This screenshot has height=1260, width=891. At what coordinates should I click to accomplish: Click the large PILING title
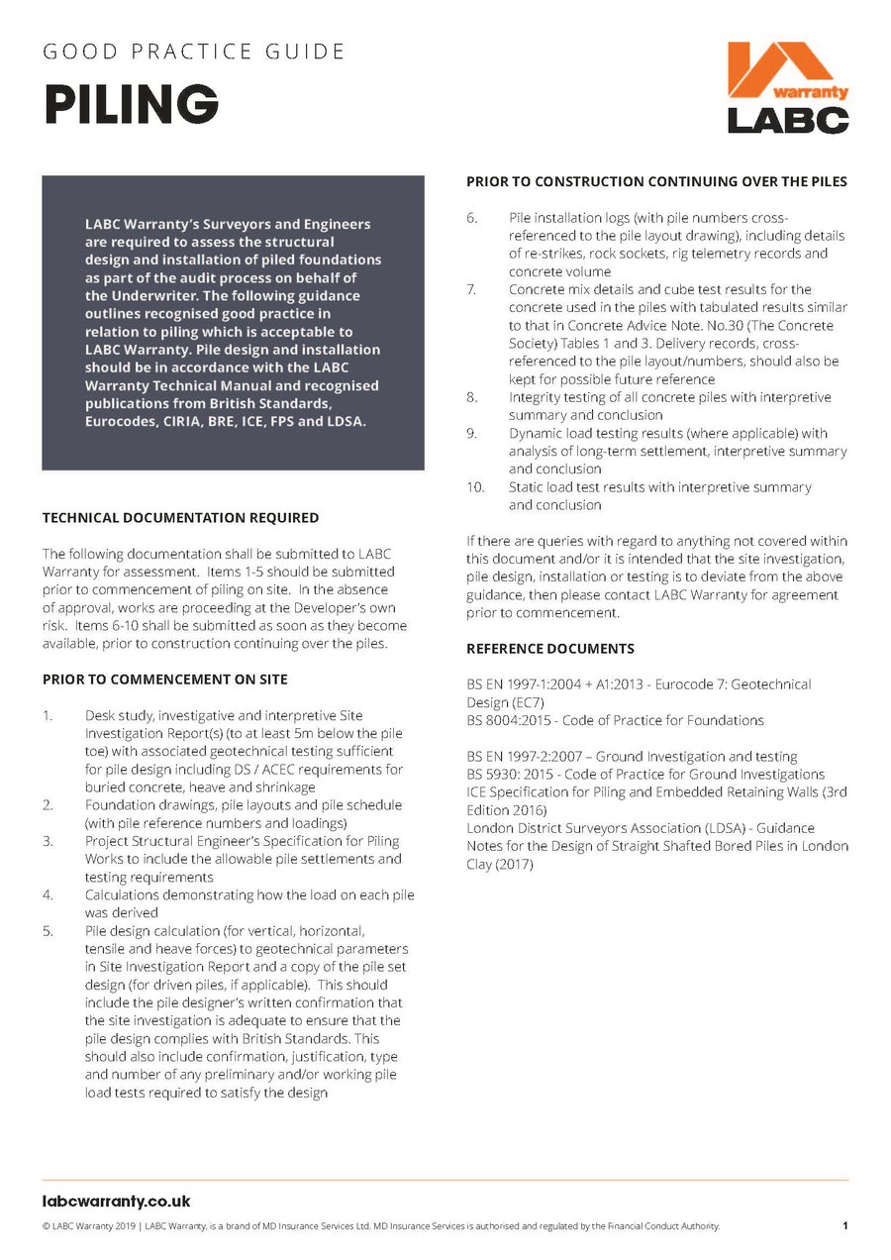pos(131,103)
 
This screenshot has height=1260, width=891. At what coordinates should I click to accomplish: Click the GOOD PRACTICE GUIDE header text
pos(194,51)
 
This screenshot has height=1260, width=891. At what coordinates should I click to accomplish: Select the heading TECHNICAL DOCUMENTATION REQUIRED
pos(180,517)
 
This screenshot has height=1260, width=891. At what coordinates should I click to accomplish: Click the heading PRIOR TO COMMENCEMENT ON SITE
pos(165,680)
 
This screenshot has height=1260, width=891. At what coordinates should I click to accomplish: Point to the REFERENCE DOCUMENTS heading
pos(550,649)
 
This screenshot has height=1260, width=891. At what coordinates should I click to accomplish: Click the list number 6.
pos(472,217)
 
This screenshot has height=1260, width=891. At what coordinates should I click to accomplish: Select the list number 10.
pos(475,487)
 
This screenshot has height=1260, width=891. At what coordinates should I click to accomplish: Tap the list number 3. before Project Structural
pos(49,841)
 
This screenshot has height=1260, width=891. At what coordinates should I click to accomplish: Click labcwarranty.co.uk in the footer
pos(116,1202)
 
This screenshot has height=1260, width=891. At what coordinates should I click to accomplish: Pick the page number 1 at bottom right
pos(844,1226)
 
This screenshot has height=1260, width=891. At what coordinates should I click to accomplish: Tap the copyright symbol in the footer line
pos(47,1226)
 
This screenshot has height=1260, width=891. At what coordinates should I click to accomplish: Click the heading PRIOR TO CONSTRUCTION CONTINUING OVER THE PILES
pos(656,181)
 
